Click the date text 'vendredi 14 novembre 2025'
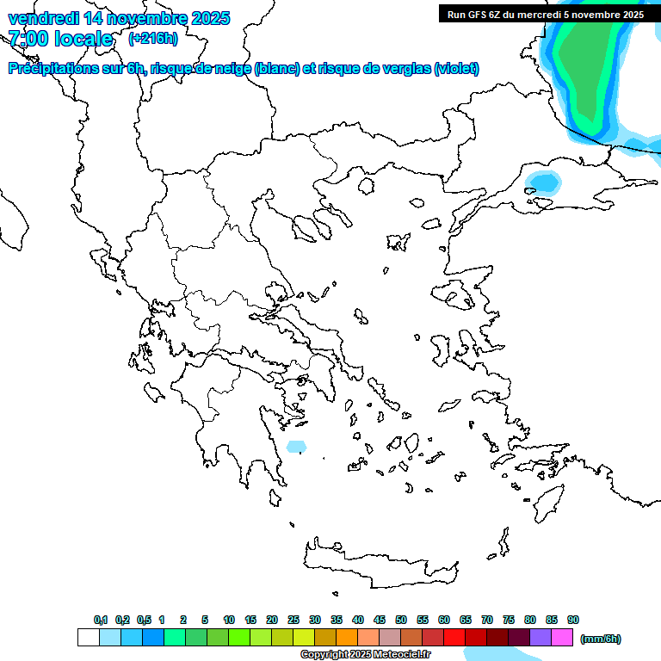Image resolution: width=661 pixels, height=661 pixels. tap(119, 18)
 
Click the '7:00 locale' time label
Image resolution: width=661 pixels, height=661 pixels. tap(60, 39)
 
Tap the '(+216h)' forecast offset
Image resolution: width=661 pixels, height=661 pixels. tap(152, 39)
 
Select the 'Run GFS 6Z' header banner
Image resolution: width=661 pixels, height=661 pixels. tap(545, 15)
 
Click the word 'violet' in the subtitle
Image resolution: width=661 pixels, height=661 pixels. tap(455, 69)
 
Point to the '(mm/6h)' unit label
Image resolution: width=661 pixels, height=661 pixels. tap(601, 639)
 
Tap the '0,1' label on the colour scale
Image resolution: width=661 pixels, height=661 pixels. tap(101, 620)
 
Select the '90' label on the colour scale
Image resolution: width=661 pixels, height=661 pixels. tap(573, 620)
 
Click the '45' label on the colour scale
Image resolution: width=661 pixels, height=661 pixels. tap(380, 620)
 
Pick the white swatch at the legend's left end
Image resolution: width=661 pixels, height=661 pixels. tap(88, 638)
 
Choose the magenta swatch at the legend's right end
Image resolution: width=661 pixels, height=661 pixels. tap(562, 638)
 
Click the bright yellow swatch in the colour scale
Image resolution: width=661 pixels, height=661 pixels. tap(304, 638)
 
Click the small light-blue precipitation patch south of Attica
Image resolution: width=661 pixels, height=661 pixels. tap(295, 447)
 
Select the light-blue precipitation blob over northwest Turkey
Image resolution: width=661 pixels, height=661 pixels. tap(543, 182)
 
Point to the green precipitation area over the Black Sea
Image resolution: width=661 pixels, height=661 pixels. tap(585, 69)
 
